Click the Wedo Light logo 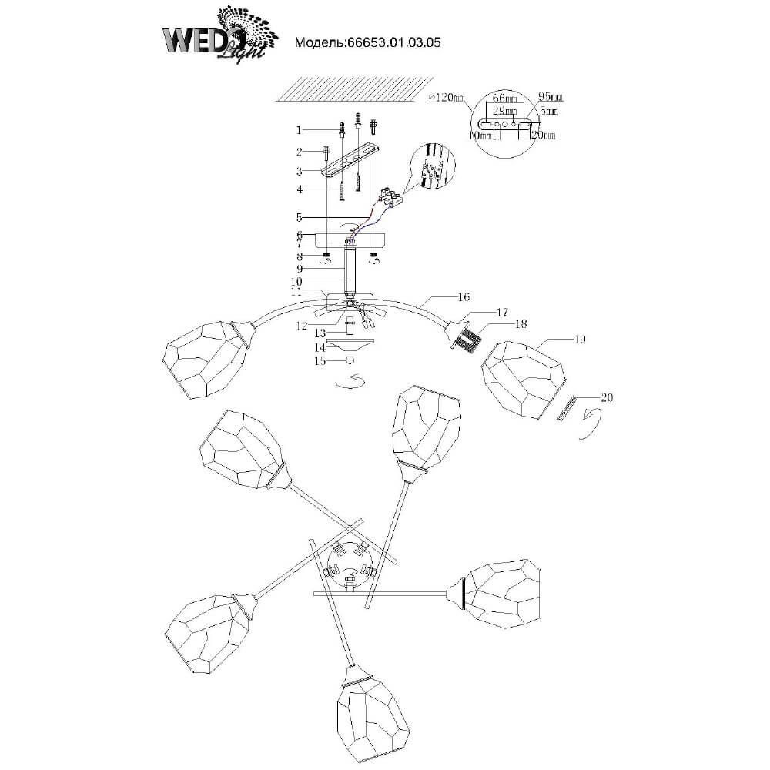[216, 35]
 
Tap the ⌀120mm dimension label [447, 98]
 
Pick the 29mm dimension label [504, 111]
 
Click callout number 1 [301, 130]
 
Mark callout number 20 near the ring [606, 398]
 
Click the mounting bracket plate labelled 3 [350, 165]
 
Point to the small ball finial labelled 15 [350, 360]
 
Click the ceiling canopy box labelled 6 [350, 240]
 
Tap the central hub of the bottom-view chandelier [350, 561]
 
